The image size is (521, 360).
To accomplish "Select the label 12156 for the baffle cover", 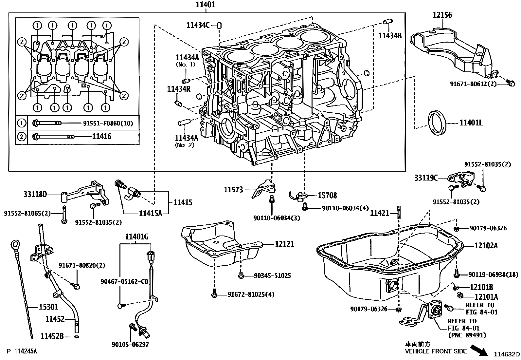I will click(442, 15).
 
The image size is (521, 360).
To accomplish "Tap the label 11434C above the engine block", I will click(198, 25).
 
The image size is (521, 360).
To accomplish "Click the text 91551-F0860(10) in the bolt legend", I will click(108, 123).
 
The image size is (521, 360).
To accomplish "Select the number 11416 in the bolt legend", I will click(101, 136).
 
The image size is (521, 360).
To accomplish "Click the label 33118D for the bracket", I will click(35, 195).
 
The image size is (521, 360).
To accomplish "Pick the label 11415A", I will click(151, 214).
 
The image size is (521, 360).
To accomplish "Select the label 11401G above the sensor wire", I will click(137, 237).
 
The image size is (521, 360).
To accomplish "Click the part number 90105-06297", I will click(130, 344).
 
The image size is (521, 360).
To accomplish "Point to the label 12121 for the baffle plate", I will click(284, 244).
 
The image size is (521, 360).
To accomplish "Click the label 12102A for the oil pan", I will click(486, 245).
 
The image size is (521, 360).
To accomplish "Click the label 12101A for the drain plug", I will click(486, 297).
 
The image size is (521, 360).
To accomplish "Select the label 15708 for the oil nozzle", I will click(327, 196).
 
